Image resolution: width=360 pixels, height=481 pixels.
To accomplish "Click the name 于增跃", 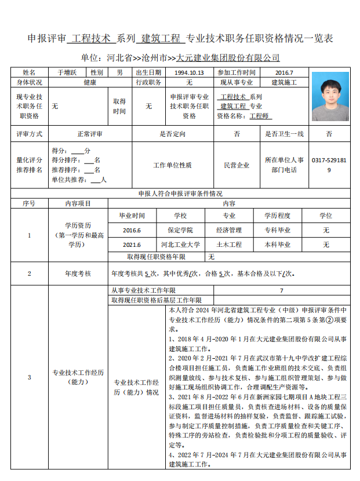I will pyautogui.click(x=67, y=72).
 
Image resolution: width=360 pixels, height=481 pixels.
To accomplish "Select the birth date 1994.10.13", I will pyautogui.click(x=189, y=72).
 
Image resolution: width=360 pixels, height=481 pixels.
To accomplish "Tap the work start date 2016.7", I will pyautogui.click(x=284, y=72).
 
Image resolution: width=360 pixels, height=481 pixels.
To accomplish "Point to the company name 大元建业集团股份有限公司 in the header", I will pyautogui.click(x=228, y=58).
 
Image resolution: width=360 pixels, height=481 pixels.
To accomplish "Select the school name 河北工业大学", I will pyautogui.click(x=180, y=245).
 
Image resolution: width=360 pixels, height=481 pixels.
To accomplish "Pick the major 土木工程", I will pyautogui.click(x=229, y=245).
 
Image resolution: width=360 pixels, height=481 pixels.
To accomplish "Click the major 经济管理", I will pyautogui.click(x=229, y=230).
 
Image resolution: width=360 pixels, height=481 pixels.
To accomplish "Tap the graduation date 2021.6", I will pyautogui.click(x=132, y=245).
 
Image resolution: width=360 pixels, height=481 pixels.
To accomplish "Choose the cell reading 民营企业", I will pyautogui.click(x=236, y=165).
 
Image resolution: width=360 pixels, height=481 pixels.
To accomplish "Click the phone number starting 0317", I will pyautogui.click(x=329, y=165).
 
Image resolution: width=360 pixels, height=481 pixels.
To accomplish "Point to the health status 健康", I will pyautogui.click(x=89, y=83).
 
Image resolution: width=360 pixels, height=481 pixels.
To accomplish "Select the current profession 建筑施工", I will pyautogui.click(x=284, y=83).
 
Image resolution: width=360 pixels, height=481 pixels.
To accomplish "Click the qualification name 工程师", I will pyautogui.click(x=260, y=116).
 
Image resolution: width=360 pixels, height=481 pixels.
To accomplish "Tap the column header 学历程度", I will pyautogui.click(x=277, y=216).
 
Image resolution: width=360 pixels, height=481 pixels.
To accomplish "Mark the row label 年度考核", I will pyautogui.click(x=78, y=273).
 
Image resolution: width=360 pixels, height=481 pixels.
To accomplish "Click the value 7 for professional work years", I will pyautogui.click(x=282, y=290).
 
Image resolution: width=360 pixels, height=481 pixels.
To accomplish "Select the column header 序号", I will pyautogui.click(x=29, y=203).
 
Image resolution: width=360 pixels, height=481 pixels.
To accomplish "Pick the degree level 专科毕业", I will pyautogui.click(x=277, y=230).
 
